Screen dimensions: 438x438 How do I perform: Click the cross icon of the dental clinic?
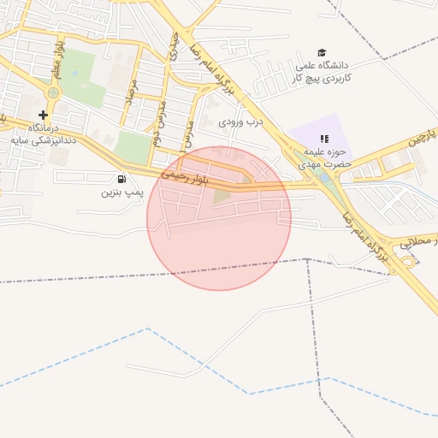(x=44, y=114)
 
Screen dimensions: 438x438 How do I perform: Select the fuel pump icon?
(x=121, y=179)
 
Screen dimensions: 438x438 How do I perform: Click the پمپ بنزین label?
(x=120, y=192)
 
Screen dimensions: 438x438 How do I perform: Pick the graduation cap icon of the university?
(x=323, y=53)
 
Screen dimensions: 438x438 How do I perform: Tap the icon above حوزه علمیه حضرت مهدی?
(x=323, y=138)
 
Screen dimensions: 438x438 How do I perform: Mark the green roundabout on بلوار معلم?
(x=54, y=92)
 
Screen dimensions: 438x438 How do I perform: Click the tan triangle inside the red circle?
(x=222, y=197)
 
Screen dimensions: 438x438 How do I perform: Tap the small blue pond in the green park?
(x=76, y=72)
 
